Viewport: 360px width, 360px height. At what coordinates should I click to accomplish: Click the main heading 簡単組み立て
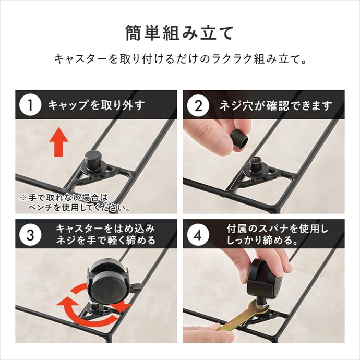(x=179, y=32)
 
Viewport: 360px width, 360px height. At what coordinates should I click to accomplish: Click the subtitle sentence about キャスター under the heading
(x=179, y=59)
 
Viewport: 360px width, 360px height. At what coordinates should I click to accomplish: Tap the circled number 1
(x=30, y=105)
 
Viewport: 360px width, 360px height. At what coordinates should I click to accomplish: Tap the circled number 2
(x=198, y=105)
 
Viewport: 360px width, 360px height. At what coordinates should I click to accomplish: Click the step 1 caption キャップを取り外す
(x=96, y=105)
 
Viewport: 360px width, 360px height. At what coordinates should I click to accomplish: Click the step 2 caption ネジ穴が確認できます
(x=274, y=105)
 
